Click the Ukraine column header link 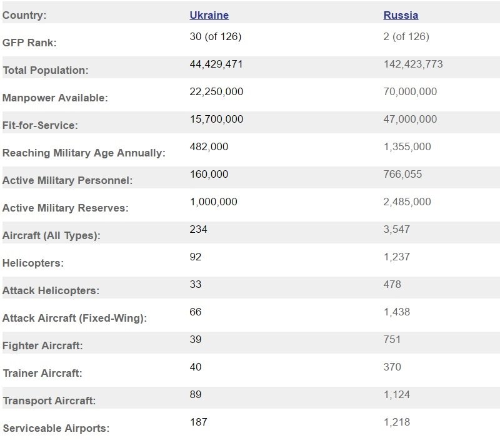coord(209,15)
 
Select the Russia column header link coord(401,15)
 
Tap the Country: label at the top coord(24,15)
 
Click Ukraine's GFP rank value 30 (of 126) coord(215,36)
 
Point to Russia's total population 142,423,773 coord(413,64)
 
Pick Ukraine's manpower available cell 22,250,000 coord(216,91)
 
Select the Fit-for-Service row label coord(40,125)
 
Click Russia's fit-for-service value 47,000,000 coord(410,119)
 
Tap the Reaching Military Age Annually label coord(84,153)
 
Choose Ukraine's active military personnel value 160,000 coord(209,174)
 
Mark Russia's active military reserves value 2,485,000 coord(407,202)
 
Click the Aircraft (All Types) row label coord(51,235)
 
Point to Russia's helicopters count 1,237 coord(396,257)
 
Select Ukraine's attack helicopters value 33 coord(196,284)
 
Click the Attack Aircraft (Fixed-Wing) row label coord(74,318)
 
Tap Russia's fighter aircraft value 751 coord(392,339)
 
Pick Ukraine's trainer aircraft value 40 coord(196,367)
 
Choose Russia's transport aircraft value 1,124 coord(396,394)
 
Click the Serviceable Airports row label coord(56,428)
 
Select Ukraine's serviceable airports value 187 coord(198,422)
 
